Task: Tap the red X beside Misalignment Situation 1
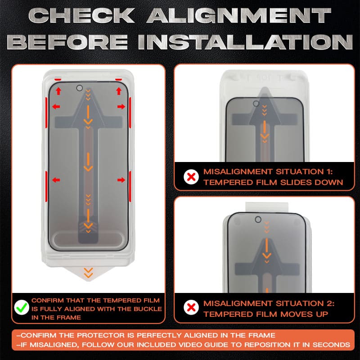point(192,177)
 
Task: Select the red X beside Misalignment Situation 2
point(192,308)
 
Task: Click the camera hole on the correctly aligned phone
point(80,88)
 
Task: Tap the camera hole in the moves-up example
point(258,219)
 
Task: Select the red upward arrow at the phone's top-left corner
point(58,91)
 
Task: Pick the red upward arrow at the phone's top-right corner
point(119,91)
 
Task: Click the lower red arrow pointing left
point(56,180)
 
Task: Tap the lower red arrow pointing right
point(121,180)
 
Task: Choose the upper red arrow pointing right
point(121,107)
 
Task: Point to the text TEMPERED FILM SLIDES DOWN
point(273,182)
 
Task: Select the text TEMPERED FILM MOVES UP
point(266,313)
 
